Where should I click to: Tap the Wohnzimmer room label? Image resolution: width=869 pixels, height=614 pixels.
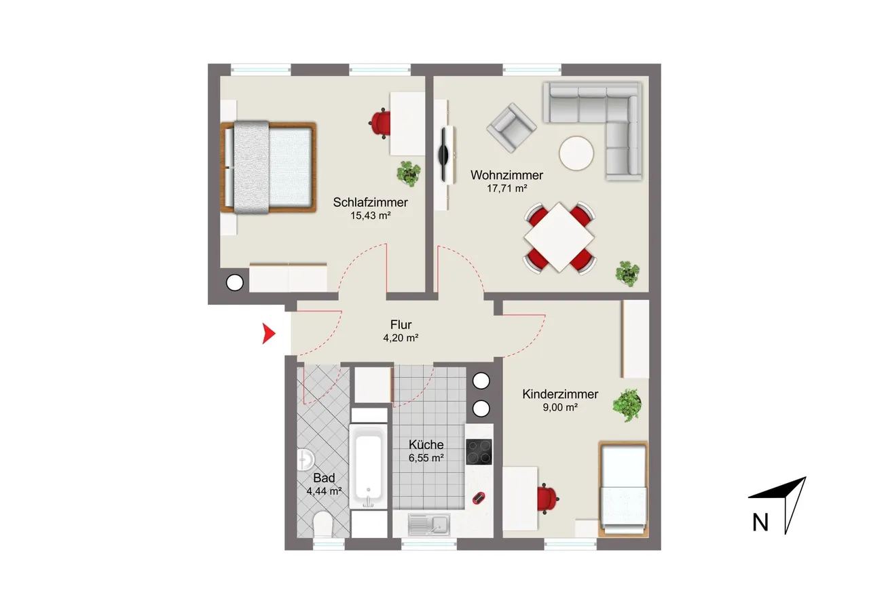(x=506, y=175)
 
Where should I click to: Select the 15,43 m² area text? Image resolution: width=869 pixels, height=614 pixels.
(x=371, y=216)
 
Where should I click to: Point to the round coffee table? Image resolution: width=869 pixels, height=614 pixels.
(x=576, y=153)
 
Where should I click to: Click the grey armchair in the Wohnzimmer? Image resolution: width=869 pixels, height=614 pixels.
(x=512, y=127)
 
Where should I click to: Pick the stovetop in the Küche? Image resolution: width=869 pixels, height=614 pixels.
(x=479, y=452)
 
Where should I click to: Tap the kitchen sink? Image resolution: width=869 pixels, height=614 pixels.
(x=429, y=524)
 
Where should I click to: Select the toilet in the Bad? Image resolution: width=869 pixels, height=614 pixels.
(x=322, y=524)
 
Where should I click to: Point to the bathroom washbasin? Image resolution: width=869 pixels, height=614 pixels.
(x=305, y=460)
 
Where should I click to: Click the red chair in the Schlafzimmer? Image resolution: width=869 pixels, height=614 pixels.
(x=380, y=123)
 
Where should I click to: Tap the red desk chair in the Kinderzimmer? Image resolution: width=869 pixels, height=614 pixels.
(x=547, y=499)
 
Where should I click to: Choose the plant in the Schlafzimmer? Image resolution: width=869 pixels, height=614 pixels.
(x=409, y=173)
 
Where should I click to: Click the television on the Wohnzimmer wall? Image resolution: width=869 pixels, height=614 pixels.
(x=443, y=155)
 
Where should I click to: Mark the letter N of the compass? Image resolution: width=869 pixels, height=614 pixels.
(x=760, y=522)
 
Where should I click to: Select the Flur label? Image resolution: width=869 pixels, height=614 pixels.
(x=401, y=324)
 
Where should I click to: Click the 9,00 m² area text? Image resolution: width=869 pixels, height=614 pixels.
(x=560, y=407)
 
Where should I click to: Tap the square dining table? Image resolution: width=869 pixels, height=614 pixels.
(x=559, y=237)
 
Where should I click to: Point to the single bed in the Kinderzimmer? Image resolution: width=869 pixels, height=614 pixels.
(x=623, y=489)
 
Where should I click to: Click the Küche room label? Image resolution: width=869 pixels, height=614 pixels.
(x=426, y=444)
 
